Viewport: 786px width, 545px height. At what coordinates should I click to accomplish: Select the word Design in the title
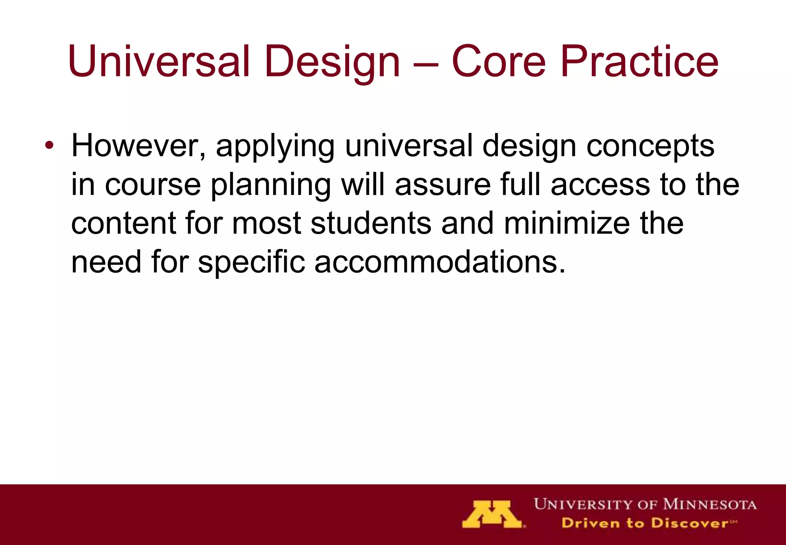click(332, 61)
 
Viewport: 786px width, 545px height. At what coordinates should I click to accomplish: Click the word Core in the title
click(498, 61)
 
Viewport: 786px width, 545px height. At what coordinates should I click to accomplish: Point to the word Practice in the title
click(639, 61)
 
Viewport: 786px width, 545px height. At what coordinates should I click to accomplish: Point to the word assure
click(443, 185)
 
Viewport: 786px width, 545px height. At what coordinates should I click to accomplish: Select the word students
click(371, 224)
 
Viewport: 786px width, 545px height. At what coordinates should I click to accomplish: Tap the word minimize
click(567, 224)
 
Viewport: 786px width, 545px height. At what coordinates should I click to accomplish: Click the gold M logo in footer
click(492, 514)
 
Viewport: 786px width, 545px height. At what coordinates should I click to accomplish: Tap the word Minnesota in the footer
click(710, 504)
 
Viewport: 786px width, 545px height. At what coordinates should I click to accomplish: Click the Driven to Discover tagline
click(645, 523)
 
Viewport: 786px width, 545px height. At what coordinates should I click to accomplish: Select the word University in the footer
click(583, 504)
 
